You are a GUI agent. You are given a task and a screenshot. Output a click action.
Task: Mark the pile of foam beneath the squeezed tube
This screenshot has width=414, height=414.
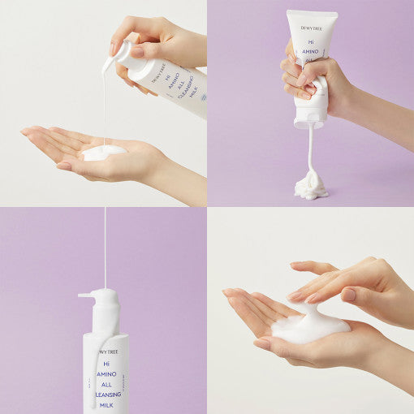click(310, 188)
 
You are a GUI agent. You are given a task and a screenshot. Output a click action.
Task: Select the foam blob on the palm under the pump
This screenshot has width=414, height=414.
click(104, 151)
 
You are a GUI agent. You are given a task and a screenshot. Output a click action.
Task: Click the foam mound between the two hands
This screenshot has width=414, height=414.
click(310, 327)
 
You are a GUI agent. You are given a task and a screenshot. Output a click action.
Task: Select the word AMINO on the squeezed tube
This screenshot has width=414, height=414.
click(313, 50)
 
